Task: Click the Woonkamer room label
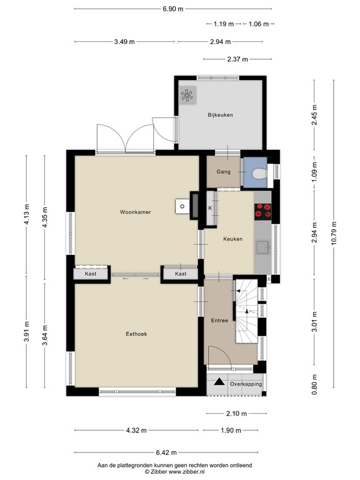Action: tap(136, 212)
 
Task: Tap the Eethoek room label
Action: tap(136, 334)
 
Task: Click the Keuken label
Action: tap(232, 239)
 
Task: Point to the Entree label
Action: tap(219, 321)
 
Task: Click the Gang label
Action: tap(223, 171)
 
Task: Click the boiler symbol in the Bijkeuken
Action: tap(187, 96)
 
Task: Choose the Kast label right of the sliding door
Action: tap(181, 274)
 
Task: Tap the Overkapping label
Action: tap(246, 384)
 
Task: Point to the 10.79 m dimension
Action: tap(336, 235)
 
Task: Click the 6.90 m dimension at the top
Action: tap(172, 9)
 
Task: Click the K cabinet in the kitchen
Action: tap(210, 208)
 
